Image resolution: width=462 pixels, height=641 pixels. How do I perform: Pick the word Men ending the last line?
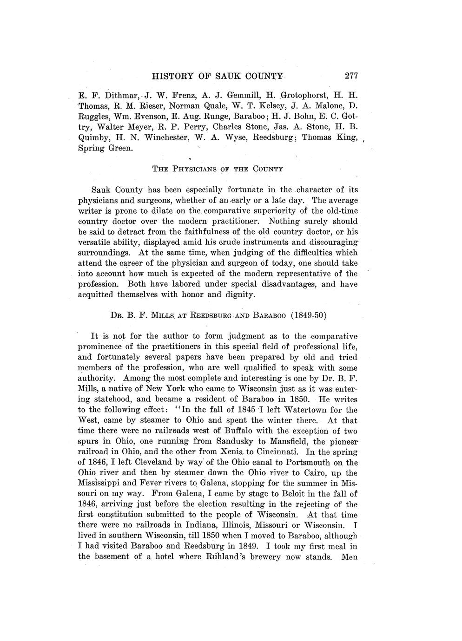point(349,556)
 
